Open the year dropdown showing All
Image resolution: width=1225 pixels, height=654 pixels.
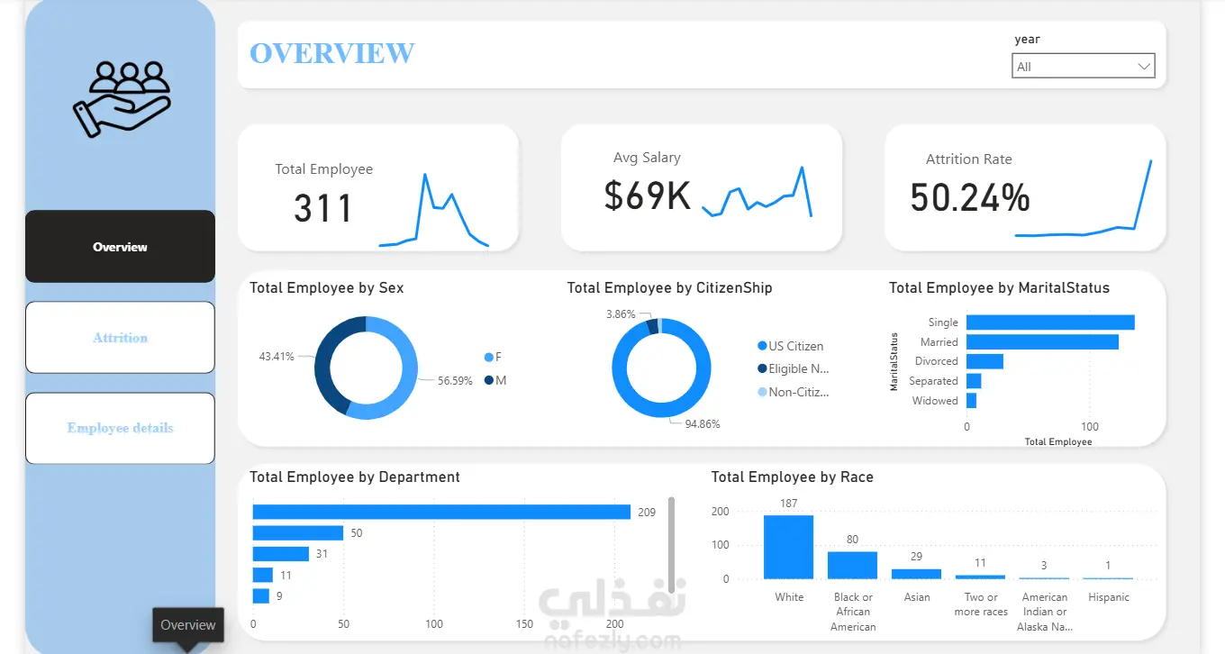click(x=1083, y=66)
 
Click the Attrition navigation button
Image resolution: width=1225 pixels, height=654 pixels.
click(x=120, y=338)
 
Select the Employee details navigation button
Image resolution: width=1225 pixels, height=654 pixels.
click(x=120, y=428)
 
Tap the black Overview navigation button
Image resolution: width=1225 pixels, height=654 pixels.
click(x=120, y=247)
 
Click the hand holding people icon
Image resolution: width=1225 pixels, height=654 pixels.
click(x=122, y=99)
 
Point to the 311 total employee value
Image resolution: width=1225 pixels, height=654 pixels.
click(x=322, y=208)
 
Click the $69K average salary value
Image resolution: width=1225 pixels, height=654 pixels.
click(x=647, y=195)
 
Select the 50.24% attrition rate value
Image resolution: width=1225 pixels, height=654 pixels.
click(x=969, y=197)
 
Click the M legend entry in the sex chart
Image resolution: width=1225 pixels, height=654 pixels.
click(x=495, y=380)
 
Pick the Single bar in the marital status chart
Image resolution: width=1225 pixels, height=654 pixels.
click(x=1050, y=322)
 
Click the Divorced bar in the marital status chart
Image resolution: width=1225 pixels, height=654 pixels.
click(x=985, y=361)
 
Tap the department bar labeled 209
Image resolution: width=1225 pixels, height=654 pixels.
click(x=441, y=512)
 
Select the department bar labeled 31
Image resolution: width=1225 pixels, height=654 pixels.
click(x=280, y=554)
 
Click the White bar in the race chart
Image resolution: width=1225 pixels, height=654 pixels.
click(x=789, y=547)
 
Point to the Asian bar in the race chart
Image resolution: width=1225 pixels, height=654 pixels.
click(x=917, y=574)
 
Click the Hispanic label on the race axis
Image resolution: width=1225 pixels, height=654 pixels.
click(x=1109, y=597)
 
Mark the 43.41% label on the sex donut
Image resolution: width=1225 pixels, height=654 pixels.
click(x=277, y=357)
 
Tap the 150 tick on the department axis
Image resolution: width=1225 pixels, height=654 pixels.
click(x=524, y=624)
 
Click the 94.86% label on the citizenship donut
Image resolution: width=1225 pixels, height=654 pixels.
click(x=703, y=423)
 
